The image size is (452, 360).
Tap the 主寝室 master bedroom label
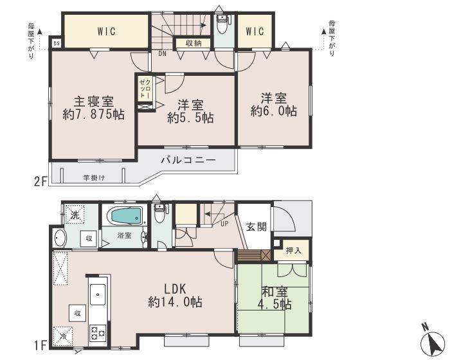(x=93, y=102)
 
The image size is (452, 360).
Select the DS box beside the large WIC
(x=57, y=44)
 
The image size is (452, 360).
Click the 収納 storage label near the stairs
(x=194, y=43)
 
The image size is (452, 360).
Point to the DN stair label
(x=164, y=55)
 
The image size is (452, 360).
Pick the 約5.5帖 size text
(x=190, y=118)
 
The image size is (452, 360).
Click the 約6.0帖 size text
(x=273, y=111)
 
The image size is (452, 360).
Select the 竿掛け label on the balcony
(x=93, y=177)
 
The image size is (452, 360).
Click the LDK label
(x=174, y=287)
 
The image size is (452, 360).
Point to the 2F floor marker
(x=40, y=182)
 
